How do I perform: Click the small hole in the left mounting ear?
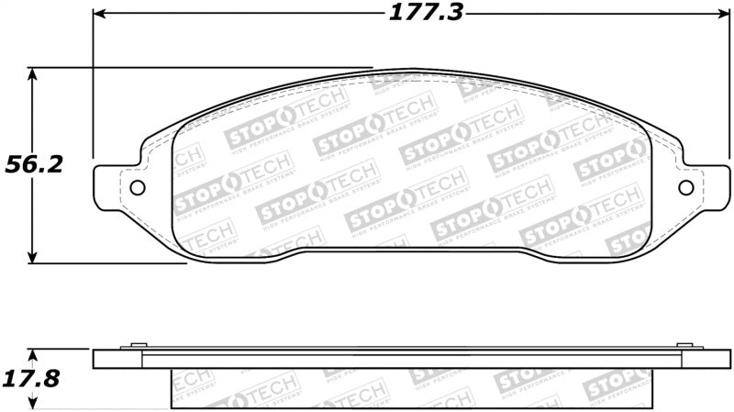[139, 188]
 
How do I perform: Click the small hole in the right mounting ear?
[684, 188]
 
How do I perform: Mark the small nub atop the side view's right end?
[684, 345]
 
